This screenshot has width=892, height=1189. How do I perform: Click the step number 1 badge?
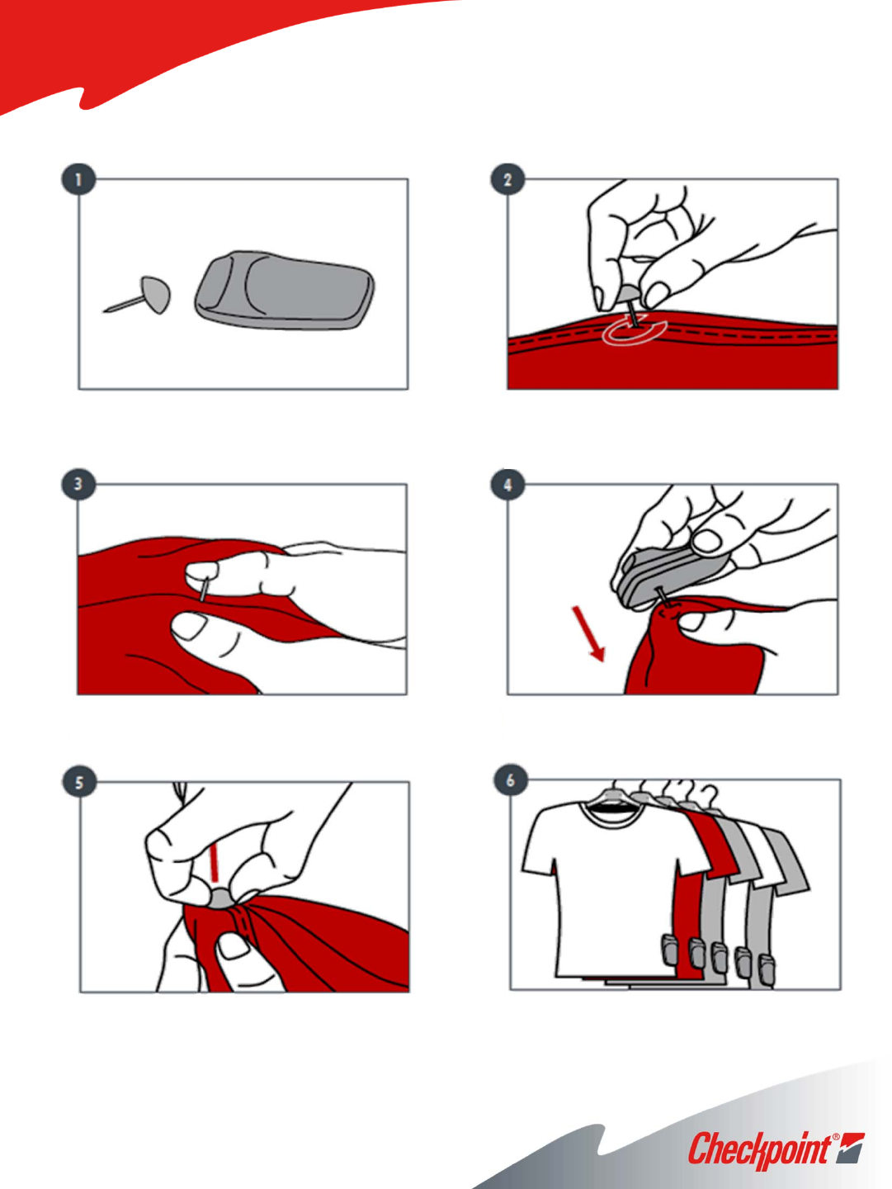pyautogui.click(x=79, y=179)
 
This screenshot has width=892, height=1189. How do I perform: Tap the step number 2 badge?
pyautogui.click(x=507, y=179)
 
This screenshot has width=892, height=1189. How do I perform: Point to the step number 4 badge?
pyautogui.click(x=507, y=484)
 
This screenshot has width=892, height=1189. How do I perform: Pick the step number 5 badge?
pyautogui.click(x=79, y=782)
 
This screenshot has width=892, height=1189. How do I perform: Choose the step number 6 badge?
pyautogui.click(x=511, y=780)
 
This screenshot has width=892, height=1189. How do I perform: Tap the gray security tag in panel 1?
pyautogui.click(x=285, y=290)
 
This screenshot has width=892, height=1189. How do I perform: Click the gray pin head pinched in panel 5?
pyautogui.click(x=223, y=899)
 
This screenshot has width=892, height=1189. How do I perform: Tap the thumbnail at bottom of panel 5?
pyautogui.click(x=234, y=945)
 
